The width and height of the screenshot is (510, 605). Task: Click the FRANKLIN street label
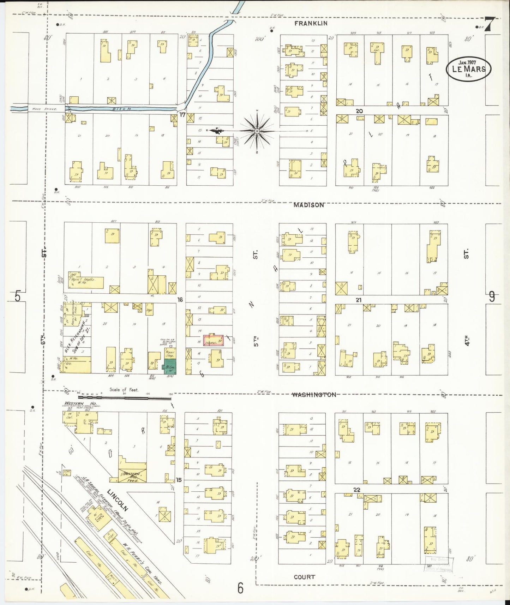[311, 23]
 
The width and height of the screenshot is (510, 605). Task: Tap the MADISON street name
[309, 205]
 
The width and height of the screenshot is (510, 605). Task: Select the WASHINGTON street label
[314, 395]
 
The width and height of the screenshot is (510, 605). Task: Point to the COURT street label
[304, 577]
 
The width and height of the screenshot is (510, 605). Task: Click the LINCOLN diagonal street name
[118, 500]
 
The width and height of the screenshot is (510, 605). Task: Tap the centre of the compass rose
[257, 131]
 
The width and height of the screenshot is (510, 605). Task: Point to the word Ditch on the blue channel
[122, 109]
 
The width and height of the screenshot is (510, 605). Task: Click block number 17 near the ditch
[182, 115]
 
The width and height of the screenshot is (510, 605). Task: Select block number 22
[357, 490]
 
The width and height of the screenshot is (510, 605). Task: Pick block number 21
[359, 300]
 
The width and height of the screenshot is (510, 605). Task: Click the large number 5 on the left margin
[18, 296]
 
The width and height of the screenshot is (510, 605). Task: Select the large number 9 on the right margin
[491, 297]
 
